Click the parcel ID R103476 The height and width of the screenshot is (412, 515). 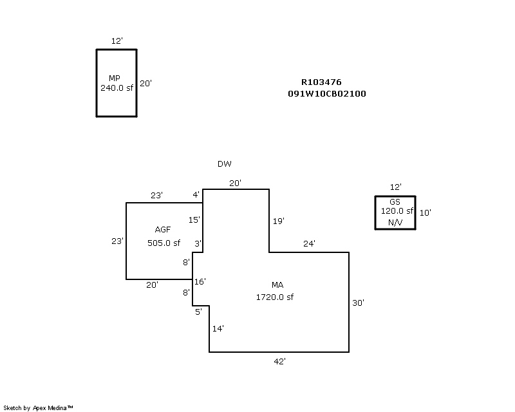click(x=321, y=82)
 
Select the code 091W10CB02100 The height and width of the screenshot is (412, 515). click(x=327, y=94)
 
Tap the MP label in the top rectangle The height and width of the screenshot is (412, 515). click(x=115, y=78)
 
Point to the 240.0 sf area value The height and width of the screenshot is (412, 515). click(x=117, y=88)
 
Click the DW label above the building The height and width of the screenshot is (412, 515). click(x=224, y=164)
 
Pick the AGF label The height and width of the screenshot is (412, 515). click(x=163, y=230)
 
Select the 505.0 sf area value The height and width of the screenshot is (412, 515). click(x=164, y=243)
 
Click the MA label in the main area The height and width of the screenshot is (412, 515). click(x=277, y=285)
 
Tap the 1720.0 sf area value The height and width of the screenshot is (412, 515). click(x=275, y=297)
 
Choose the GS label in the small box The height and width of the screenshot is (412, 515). click(x=395, y=201)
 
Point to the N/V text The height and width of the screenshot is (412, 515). click(x=395, y=223)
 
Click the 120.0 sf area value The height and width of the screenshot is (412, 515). click(x=397, y=211)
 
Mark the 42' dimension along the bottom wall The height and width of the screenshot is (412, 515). click(x=279, y=362)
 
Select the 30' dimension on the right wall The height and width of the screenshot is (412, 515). click(x=359, y=303)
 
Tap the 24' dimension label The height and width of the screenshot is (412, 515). click(x=309, y=244)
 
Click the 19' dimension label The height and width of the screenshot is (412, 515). click(x=278, y=221)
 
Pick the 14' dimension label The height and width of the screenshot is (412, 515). click(x=218, y=329)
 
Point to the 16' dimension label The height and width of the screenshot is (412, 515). click(x=200, y=281)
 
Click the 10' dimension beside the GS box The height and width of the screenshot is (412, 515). click(x=425, y=212)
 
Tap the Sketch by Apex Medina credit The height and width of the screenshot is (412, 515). click(x=39, y=407)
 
